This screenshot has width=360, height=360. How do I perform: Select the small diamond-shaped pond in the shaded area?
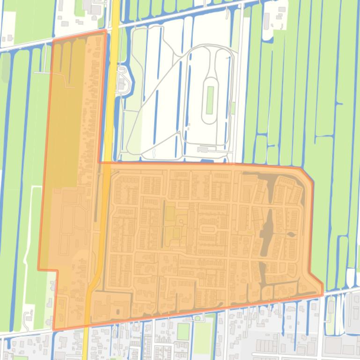(x=291, y=234)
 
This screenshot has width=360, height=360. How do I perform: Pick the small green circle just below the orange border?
(x=197, y=318)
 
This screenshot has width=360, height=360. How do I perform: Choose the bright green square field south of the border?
(x=183, y=331)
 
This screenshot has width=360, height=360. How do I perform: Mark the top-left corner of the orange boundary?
(x=52, y=41)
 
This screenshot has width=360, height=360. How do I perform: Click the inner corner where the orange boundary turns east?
(x=99, y=162)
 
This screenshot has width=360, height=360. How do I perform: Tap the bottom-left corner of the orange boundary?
(x=54, y=330)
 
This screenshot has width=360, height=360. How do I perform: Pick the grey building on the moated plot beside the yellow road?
(x=121, y=84)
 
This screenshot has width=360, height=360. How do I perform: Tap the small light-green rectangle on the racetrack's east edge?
(x=233, y=108)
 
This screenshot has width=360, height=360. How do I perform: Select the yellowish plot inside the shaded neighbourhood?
(x=170, y=215)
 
